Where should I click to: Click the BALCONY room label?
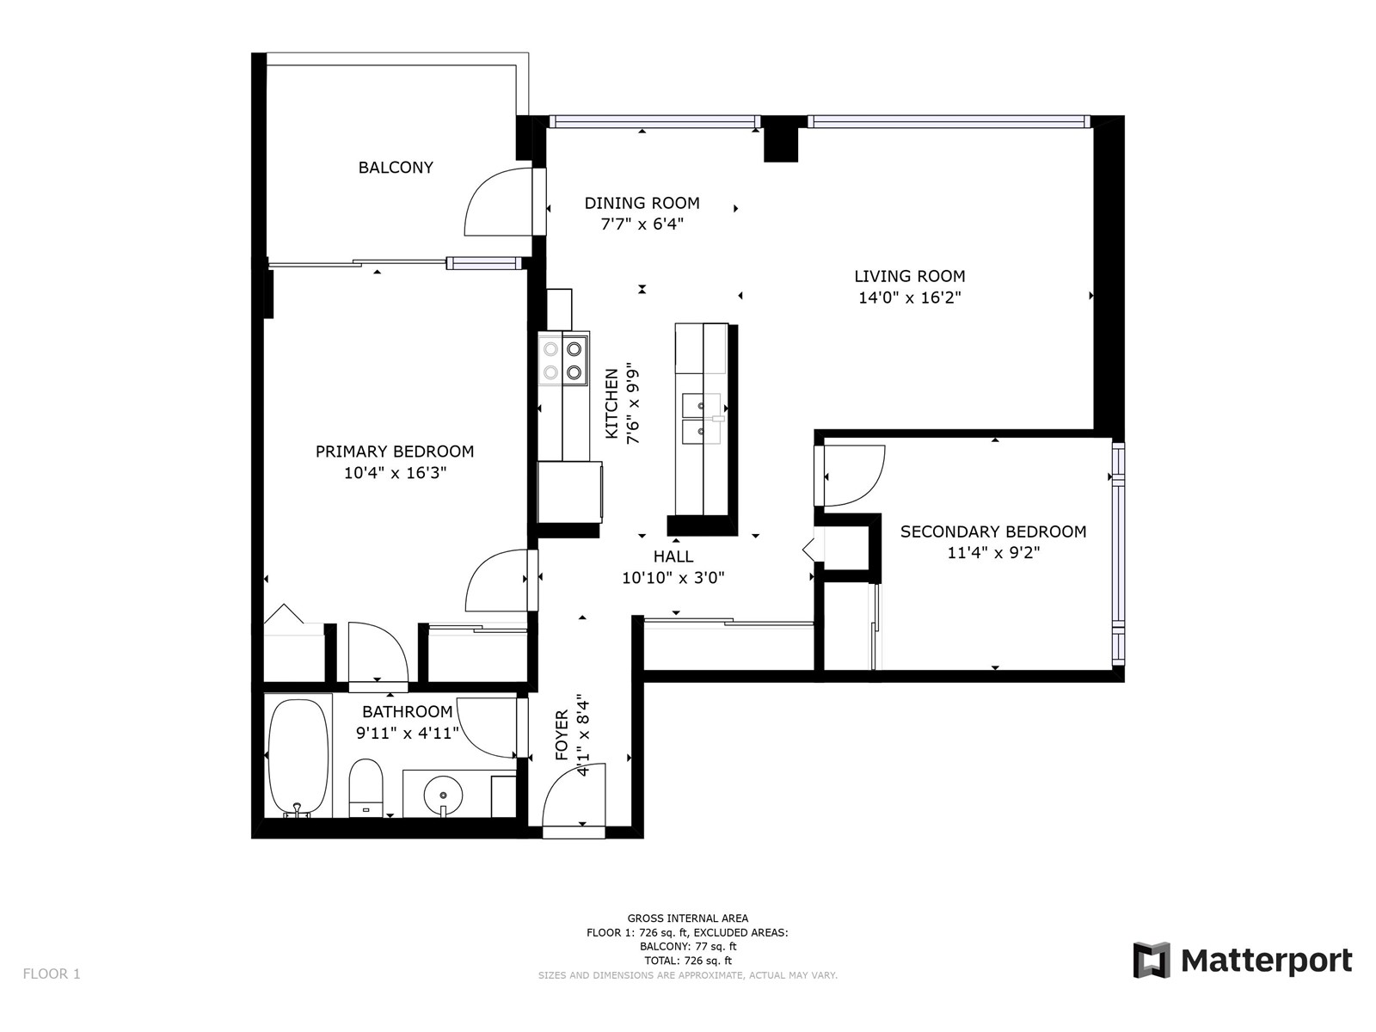point(396,168)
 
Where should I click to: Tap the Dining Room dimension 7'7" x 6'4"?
point(642,224)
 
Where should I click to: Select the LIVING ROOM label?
point(910,276)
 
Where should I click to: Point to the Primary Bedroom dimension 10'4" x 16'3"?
point(395,472)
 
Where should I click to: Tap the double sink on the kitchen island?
point(702,418)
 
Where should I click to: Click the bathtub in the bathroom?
point(298,758)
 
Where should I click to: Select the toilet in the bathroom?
point(365,789)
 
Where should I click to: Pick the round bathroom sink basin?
point(443,795)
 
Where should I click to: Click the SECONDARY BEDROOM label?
point(993,531)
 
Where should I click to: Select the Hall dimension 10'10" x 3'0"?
point(673,578)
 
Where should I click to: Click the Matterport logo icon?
point(1152,960)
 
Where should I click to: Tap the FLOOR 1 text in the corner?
point(52,974)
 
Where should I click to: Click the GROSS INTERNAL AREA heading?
point(688,918)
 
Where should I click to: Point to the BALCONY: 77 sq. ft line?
point(688,946)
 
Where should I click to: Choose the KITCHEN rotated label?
point(611,402)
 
